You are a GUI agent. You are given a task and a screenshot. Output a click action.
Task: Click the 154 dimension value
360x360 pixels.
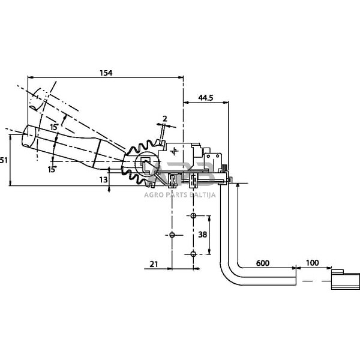106,73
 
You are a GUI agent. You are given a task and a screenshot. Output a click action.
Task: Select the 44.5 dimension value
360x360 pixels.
205,97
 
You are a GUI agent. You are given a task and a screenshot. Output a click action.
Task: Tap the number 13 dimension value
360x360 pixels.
103,179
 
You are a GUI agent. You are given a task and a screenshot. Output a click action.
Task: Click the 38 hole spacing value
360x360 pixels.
202,235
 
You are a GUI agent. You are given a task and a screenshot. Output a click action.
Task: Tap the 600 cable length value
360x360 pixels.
263,262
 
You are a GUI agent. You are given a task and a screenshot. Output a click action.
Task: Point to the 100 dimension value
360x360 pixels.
312,262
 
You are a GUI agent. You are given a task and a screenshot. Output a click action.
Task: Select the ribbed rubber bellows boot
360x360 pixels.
139,160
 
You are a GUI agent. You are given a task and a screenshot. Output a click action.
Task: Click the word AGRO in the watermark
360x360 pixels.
154,194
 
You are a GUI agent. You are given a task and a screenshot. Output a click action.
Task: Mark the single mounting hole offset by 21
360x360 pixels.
172,235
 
